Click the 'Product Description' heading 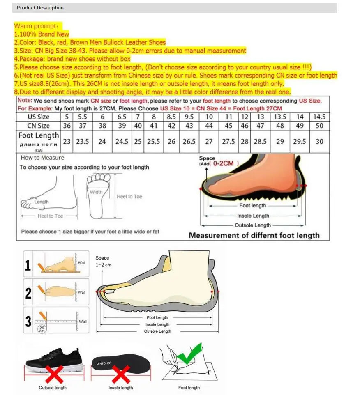40,8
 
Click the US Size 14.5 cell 319,117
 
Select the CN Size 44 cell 209,126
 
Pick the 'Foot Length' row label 39,135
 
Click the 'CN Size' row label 39,126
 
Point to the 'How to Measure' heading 42,158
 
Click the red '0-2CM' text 224,163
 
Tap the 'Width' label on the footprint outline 96,192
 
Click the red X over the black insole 121,374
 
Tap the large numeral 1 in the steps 28,266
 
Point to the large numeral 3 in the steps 28,322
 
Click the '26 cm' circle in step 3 42,329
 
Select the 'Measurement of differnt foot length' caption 254,235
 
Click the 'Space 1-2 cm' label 103,262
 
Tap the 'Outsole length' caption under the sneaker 53,388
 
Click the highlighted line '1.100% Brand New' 42,34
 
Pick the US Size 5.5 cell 83,117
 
